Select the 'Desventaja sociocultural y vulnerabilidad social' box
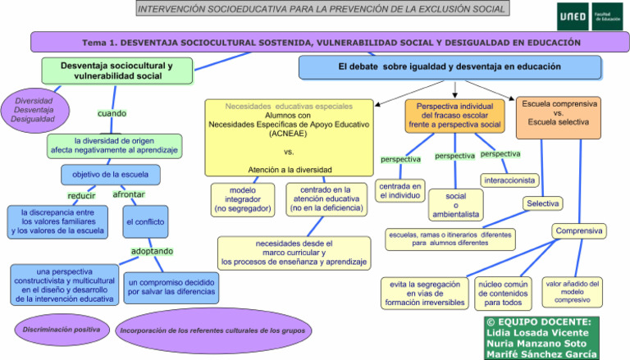tap(116, 71)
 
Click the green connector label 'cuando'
tap(112, 113)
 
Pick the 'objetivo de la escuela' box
tap(110, 175)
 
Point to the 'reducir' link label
tap(81, 195)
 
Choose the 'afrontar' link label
tap(128, 195)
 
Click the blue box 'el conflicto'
tap(146, 221)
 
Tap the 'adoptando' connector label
tap(153, 251)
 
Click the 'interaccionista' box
tap(509, 180)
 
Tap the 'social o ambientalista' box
tap(455, 206)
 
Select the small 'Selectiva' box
tap(543, 203)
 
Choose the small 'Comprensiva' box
tap(579, 231)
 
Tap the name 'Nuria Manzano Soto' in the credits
tap(537, 343)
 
